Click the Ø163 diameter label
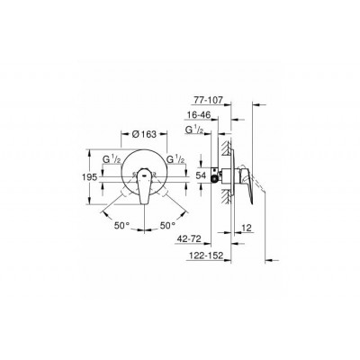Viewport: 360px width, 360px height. (144, 134)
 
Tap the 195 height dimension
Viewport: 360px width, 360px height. (90, 177)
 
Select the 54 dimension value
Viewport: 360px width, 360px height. (201, 175)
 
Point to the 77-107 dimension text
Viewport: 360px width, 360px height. (208, 100)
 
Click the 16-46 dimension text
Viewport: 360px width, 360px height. (198, 115)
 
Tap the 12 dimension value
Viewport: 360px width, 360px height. (247, 227)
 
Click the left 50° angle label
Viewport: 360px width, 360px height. (122, 225)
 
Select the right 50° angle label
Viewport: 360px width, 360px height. (167, 225)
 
